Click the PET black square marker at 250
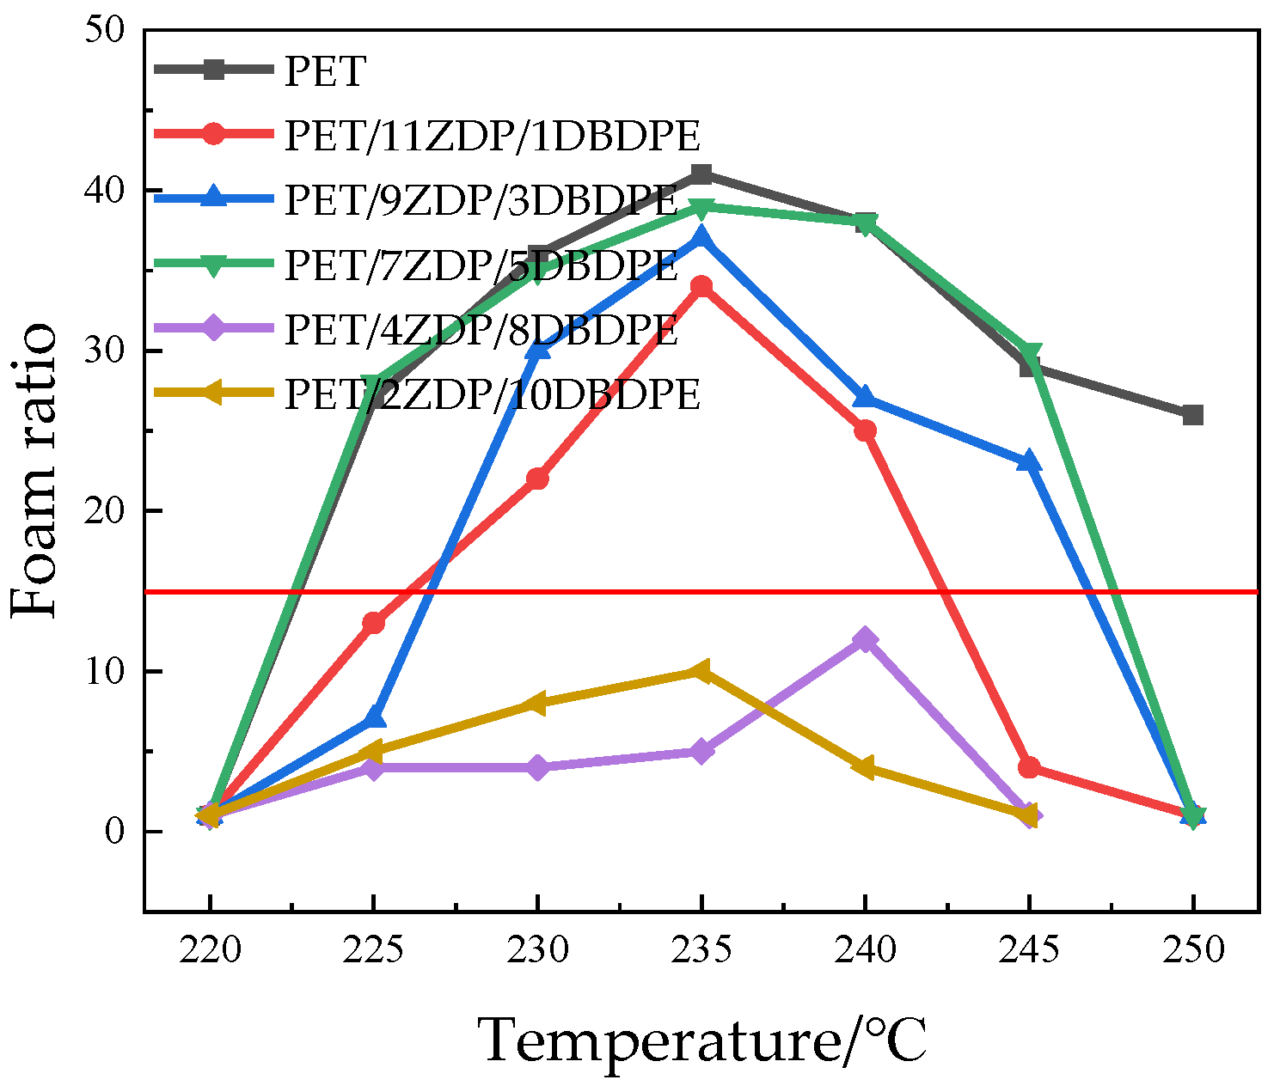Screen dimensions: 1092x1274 point(1192,415)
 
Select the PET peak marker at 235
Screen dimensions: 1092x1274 point(701,174)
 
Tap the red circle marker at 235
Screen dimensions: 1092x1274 point(701,286)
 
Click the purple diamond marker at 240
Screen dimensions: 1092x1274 point(865,639)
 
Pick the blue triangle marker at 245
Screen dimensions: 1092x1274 point(1029,461)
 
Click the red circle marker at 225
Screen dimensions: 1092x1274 point(373,623)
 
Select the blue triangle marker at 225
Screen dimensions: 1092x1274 point(373,717)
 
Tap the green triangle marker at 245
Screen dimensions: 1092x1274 point(1029,353)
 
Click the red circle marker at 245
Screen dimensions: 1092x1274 point(1029,767)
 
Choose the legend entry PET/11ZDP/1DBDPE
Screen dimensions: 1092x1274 point(492,136)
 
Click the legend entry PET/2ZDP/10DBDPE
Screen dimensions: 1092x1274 point(492,394)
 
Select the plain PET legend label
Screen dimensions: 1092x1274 point(325,71)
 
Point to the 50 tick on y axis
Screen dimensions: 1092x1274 point(105,30)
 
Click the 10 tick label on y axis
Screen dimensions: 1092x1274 point(105,671)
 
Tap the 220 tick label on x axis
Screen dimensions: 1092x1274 point(210,951)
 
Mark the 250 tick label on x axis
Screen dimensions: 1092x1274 point(1192,951)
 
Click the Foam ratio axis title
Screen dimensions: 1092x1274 point(36,470)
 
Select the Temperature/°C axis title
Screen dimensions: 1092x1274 point(701,1040)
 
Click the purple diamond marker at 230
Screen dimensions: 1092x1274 point(537,767)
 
